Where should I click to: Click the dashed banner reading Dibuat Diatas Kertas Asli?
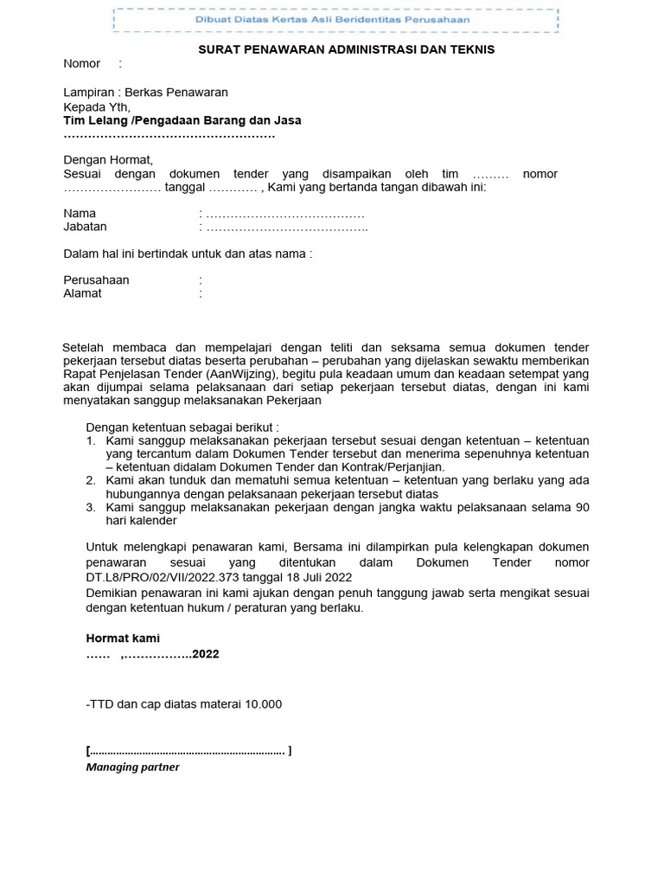click(335, 19)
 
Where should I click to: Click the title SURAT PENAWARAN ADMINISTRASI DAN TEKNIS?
click(347, 49)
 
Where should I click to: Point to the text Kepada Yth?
click(97, 106)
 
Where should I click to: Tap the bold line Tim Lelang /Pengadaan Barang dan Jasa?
click(182, 120)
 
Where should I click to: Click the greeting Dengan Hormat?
click(108, 160)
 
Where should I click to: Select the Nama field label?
click(80, 213)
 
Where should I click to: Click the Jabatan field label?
click(86, 227)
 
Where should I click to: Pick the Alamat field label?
click(82, 293)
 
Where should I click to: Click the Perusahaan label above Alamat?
click(96, 279)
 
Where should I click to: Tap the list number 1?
click(91, 441)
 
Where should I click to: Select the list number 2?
click(91, 480)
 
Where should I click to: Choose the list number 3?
click(91, 508)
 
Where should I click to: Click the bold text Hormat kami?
click(123, 638)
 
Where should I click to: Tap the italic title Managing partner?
click(132, 767)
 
